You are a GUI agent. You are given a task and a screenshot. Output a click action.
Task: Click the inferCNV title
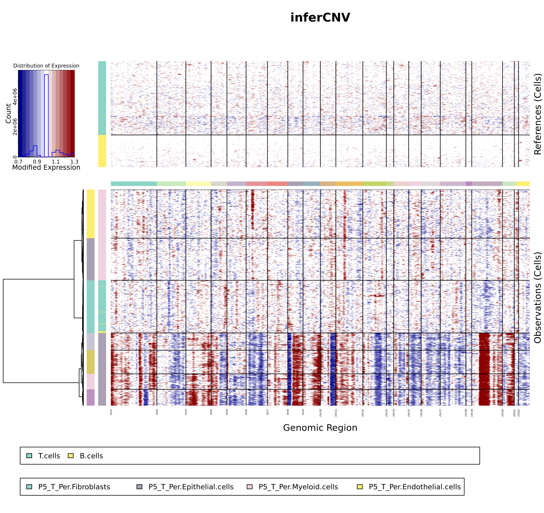tap(320, 18)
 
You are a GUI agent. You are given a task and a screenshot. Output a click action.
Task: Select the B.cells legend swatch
tap(71, 456)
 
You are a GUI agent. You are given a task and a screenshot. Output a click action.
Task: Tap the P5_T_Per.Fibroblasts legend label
tap(74, 487)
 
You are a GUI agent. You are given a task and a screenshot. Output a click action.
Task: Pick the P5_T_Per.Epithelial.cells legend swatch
tap(139, 487)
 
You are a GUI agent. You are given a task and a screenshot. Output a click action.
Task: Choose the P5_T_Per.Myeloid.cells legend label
tap(298, 487)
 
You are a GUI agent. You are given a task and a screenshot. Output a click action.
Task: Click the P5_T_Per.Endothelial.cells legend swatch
tap(360, 487)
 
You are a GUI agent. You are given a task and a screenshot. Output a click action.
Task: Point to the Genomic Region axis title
tap(320, 428)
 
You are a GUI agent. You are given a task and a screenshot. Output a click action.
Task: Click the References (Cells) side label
tap(537, 114)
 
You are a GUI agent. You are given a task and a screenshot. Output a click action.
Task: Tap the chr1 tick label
tap(111, 412)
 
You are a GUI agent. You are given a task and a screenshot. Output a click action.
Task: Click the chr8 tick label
tap(288, 412)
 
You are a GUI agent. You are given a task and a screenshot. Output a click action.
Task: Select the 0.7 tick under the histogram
tap(18, 162)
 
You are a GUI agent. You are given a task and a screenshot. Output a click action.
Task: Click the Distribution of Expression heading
tap(46, 66)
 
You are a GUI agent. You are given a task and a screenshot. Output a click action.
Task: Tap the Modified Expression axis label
tap(46, 167)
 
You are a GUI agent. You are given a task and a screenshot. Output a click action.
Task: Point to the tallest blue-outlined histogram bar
tap(46, 115)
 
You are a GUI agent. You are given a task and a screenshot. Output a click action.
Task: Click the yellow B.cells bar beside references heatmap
tap(102, 151)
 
